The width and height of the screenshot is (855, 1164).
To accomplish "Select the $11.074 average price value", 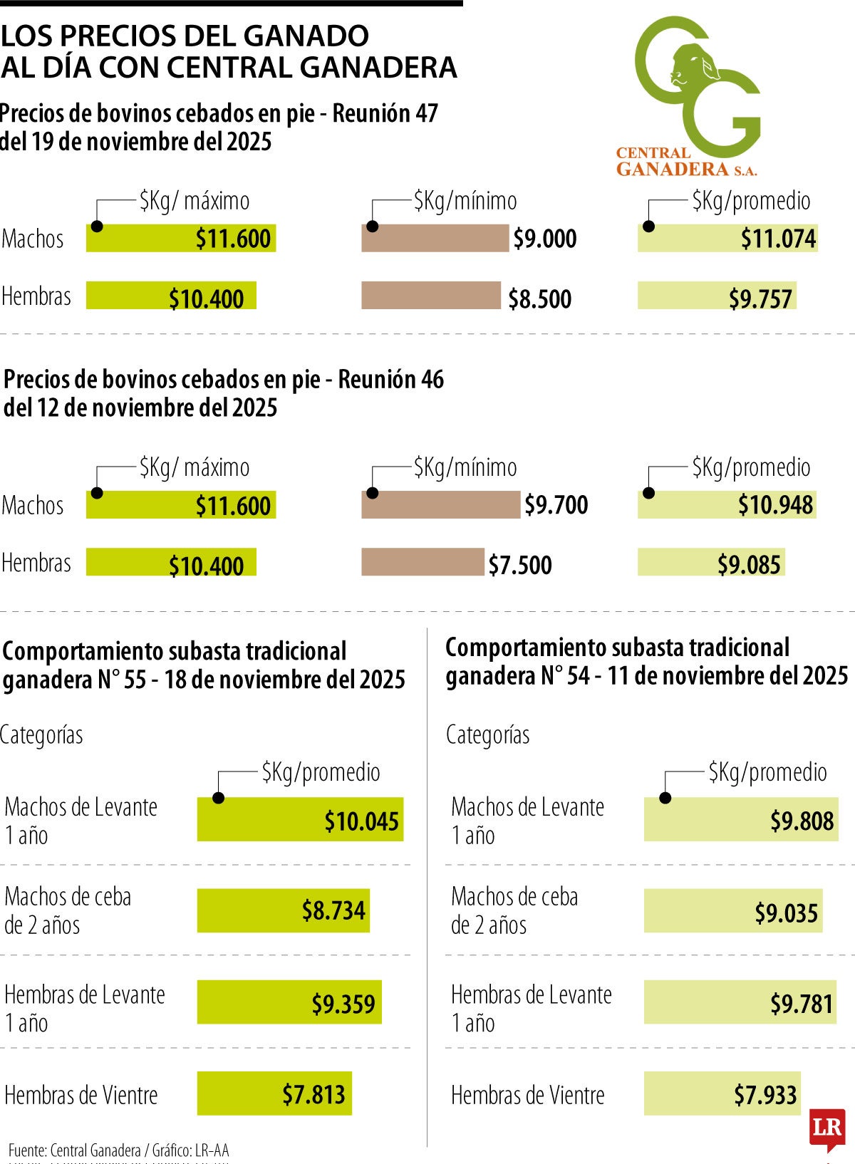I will pos(778,239).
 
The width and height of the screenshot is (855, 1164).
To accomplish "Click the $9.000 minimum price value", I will pos(545,239).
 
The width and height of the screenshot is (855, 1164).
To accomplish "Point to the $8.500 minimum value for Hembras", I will pos(539,299).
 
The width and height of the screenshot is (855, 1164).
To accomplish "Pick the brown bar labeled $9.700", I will pos(440,505).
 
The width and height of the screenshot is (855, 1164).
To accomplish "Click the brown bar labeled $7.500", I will pos(423,562).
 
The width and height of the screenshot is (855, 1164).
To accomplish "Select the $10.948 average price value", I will pos(775,505).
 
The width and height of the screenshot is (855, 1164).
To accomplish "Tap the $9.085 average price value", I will pos(749,565).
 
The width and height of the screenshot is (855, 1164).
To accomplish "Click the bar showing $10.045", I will pos(300,819).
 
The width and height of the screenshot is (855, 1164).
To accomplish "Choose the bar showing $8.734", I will pos(284,910).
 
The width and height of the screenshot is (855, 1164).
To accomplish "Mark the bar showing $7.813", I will pos(274,1093).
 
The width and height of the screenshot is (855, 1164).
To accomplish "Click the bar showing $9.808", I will pos(741,819).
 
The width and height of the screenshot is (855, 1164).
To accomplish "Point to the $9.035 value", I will pos(786,913).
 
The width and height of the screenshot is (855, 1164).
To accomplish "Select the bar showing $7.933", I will pos(722,1093).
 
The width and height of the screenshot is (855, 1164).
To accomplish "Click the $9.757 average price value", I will pos(760,299).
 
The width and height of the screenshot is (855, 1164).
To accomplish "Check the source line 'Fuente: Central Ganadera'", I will pos(75,1150).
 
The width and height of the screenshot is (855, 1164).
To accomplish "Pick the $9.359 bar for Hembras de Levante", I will pos(289,1002).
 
